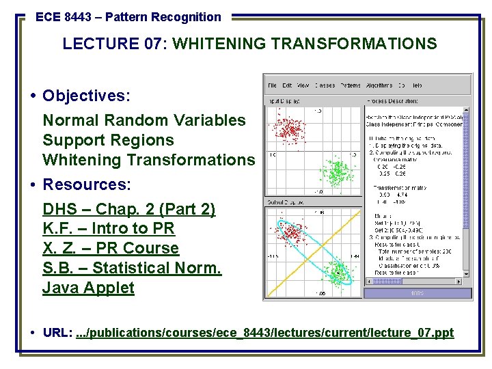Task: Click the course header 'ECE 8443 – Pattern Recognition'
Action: coord(128,17)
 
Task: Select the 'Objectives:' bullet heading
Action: coord(86,95)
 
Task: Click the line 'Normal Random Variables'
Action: coord(144,120)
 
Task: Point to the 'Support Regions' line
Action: coord(108,140)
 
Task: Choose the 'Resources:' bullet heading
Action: coord(86,184)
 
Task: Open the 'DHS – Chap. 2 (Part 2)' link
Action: coord(128,209)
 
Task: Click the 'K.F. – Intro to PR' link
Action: coord(109,228)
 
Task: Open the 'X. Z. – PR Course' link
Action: coord(111,248)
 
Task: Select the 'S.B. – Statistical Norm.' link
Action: coord(132,268)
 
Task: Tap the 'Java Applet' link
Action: coord(88,288)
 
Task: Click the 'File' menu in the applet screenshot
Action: coord(272,85)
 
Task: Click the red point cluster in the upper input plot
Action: coord(288,129)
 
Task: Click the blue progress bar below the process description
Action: coord(417,294)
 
